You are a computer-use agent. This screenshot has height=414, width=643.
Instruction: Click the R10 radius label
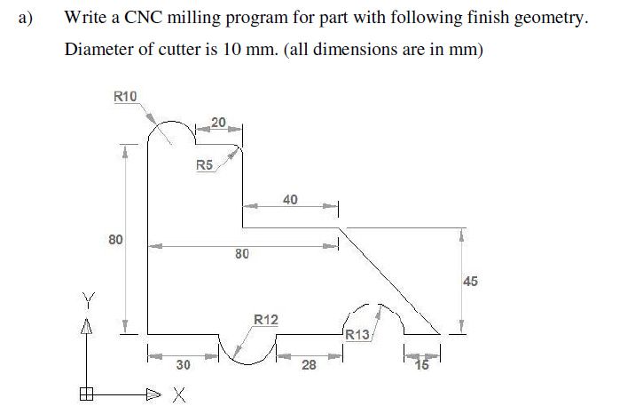click(126, 96)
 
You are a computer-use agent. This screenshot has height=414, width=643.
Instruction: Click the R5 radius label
click(204, 164)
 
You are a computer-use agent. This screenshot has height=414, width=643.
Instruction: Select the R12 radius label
click(266, 319)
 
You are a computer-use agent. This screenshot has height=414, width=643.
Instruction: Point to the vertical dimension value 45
click(470, 282)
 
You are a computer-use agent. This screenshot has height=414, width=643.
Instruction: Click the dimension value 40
click(291, 199)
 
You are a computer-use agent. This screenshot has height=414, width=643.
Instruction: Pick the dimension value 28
click(308, 364)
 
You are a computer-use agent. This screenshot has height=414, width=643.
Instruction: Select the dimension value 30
click(184, 364)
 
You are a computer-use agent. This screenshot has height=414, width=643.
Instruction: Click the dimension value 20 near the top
click(218, 122)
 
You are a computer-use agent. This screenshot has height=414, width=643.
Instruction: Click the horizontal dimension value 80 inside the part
click(241, 256)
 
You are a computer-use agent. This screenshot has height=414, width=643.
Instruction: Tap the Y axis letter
click(87, 297)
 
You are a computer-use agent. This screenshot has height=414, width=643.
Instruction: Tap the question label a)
click(21, 18)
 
